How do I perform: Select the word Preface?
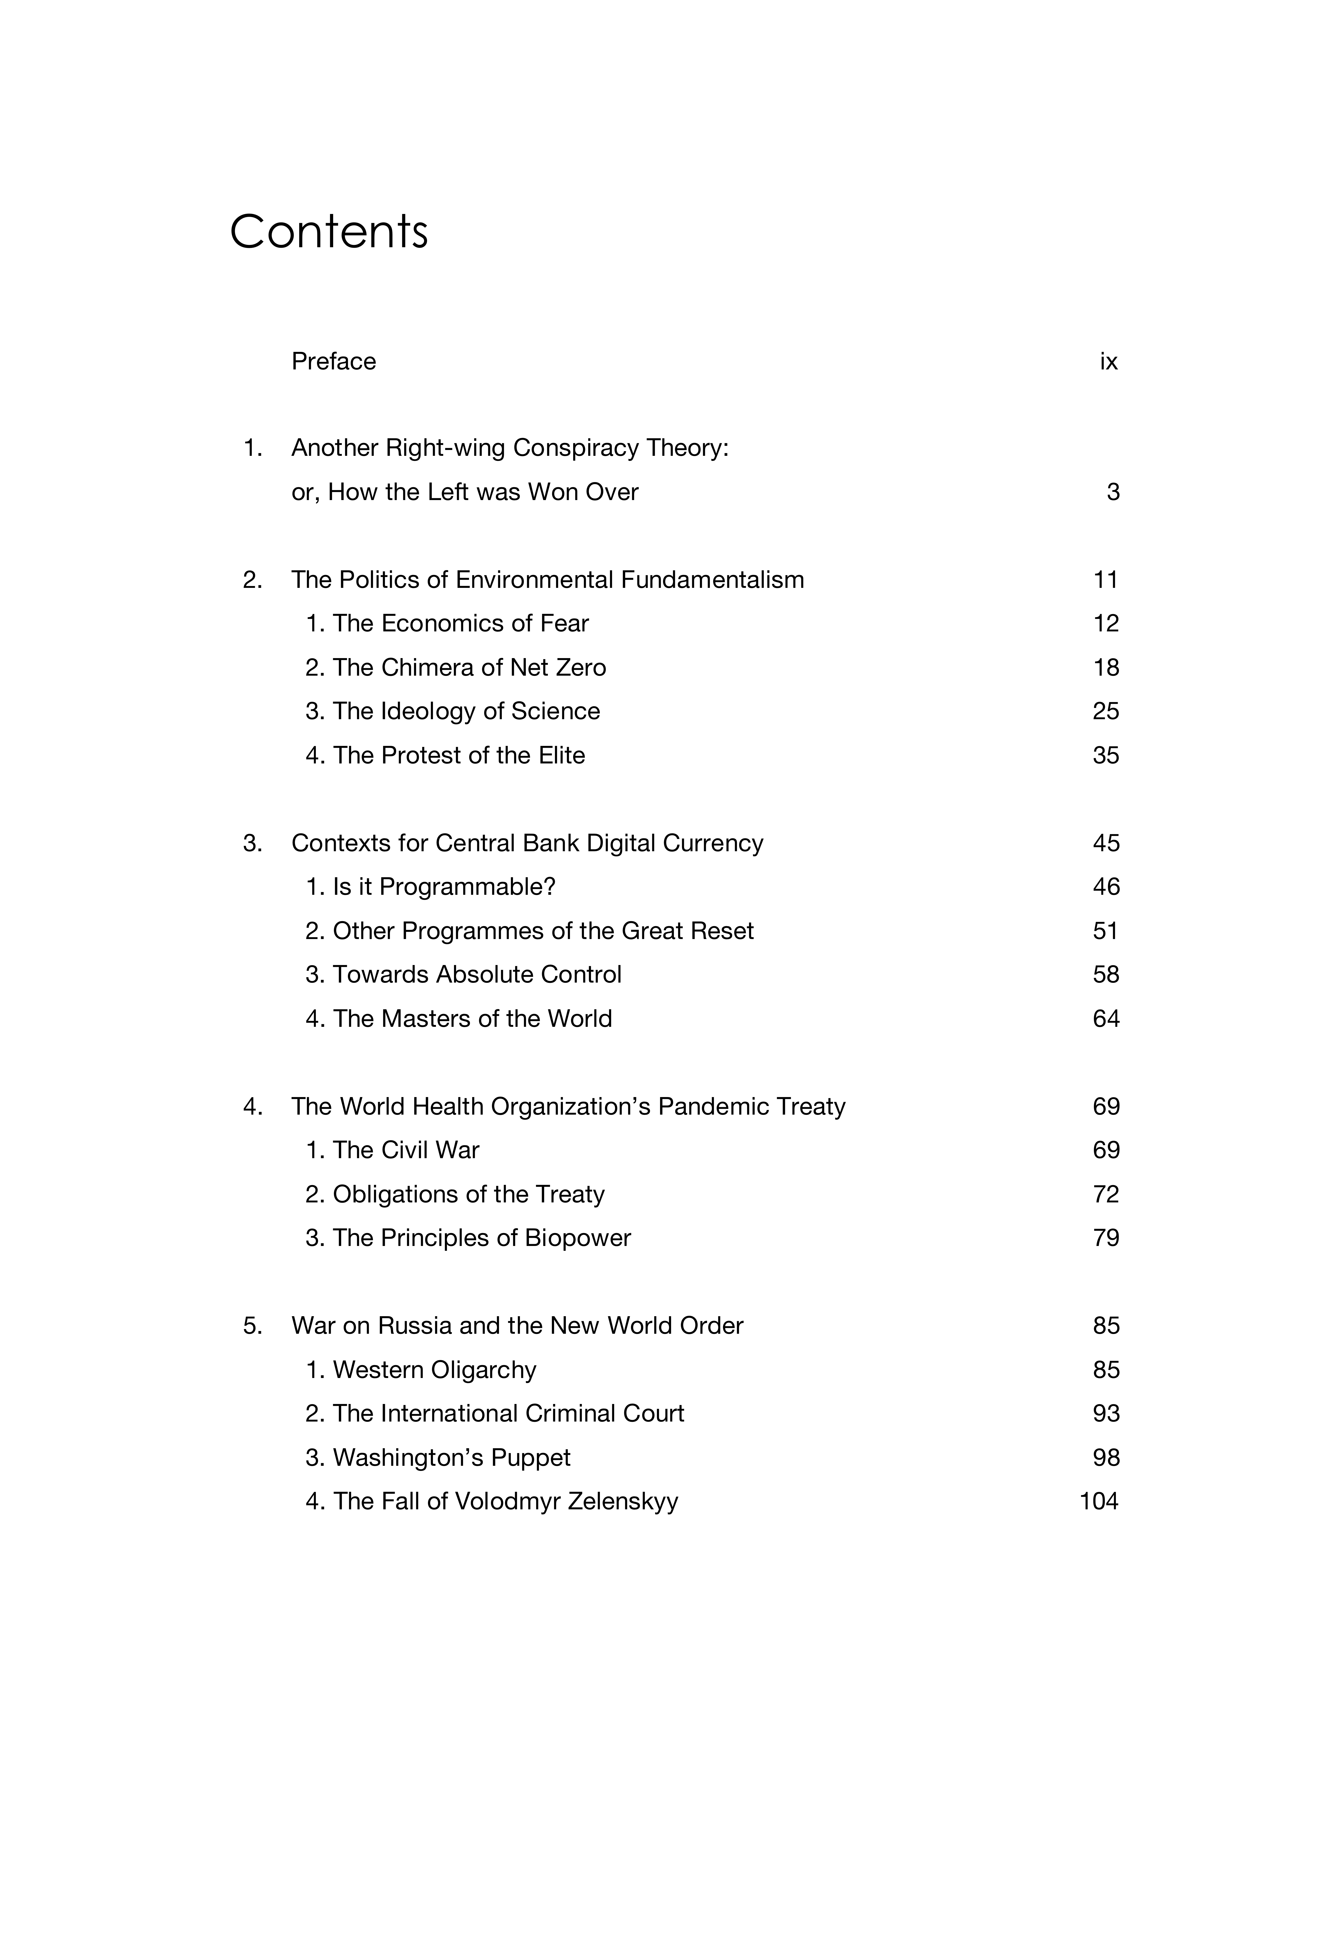[333, 361]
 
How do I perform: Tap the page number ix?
[1108, 361]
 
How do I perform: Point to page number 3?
[1112, 492]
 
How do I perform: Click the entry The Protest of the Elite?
[445, 756]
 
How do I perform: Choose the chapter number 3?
[252, 843]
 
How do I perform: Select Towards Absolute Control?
[463, 974]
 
